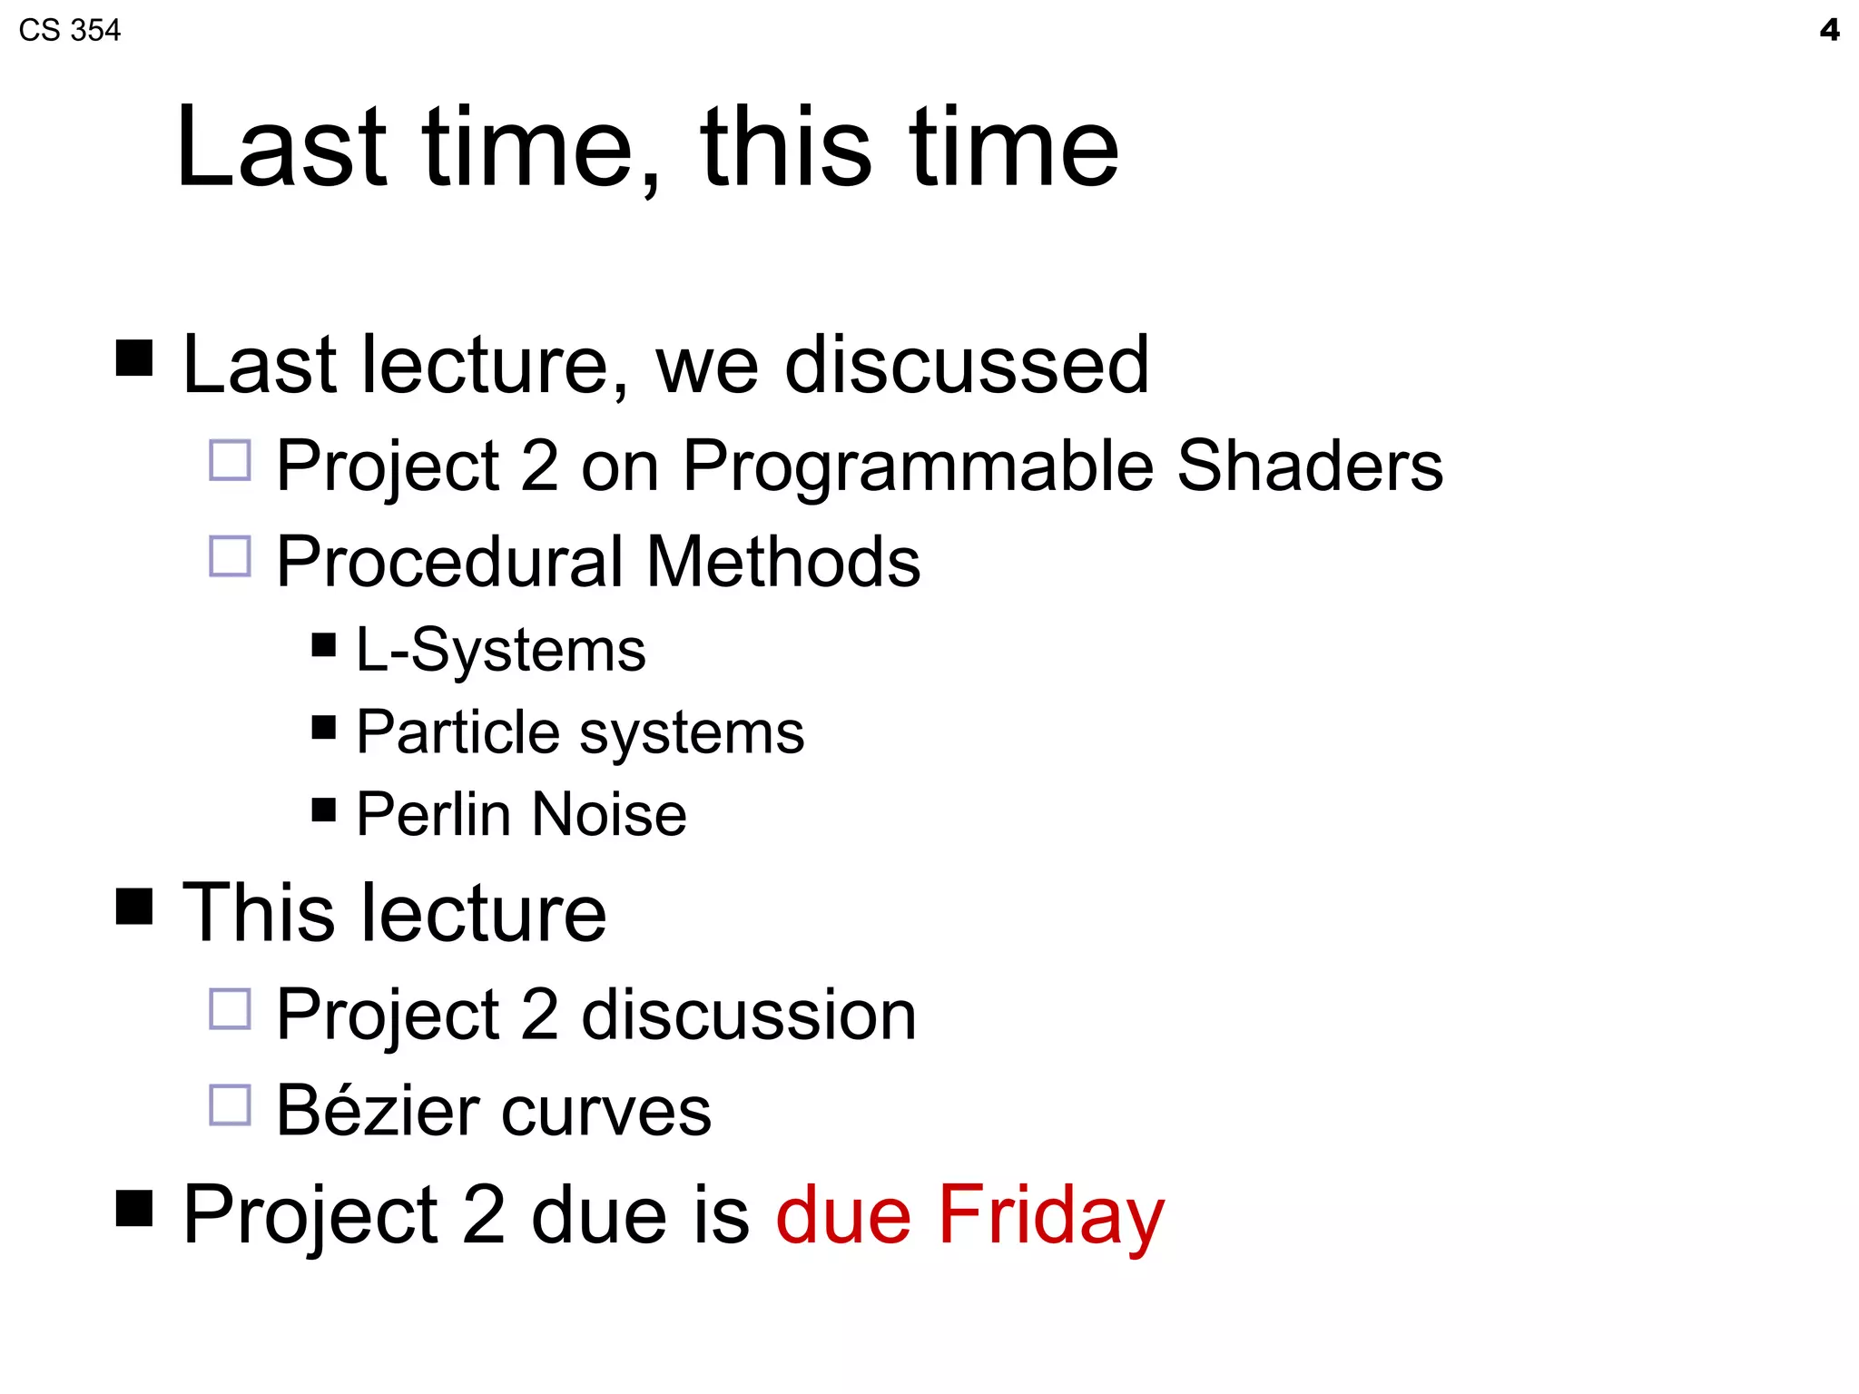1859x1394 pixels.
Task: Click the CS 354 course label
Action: (69, 30)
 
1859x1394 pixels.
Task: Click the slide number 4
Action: (1829, 30)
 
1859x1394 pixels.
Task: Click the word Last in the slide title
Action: (282, 148)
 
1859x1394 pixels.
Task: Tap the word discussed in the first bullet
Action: (967, 365)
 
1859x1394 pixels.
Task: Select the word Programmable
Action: (917, 466)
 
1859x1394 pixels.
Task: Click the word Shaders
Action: (1309, 466)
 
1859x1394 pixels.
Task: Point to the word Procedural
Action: (450, 562)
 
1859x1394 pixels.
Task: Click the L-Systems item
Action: (500, 651)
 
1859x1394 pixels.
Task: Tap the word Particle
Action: (457, 732)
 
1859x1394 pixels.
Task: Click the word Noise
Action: (609, 814)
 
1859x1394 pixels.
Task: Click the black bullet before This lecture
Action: (134, 906)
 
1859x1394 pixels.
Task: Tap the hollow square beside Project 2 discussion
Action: (230, 1009)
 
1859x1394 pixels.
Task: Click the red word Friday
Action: (1051, 1216)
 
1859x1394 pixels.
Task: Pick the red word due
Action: (843, 1216)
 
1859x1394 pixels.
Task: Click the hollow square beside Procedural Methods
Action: (230, 555)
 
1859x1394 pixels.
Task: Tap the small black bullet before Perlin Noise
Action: (323, 809)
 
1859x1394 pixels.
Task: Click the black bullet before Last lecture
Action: (134, 358)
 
